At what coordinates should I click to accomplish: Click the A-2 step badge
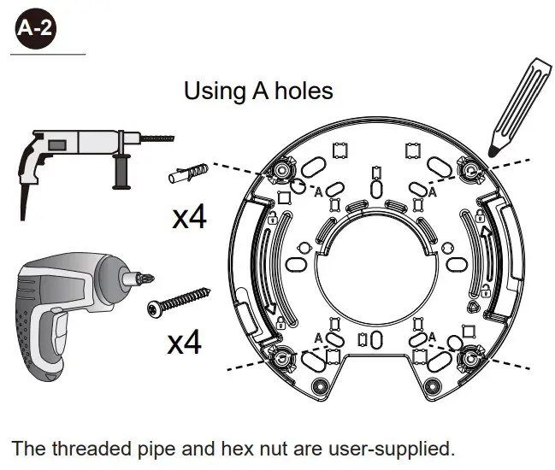tap(36, 29)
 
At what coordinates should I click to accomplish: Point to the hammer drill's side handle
tap(121, 170)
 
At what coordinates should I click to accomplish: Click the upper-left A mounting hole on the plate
tap(280, 172)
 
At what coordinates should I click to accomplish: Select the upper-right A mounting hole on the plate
tap(468, 172)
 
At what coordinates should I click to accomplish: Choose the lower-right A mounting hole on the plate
tap(468, 356)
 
